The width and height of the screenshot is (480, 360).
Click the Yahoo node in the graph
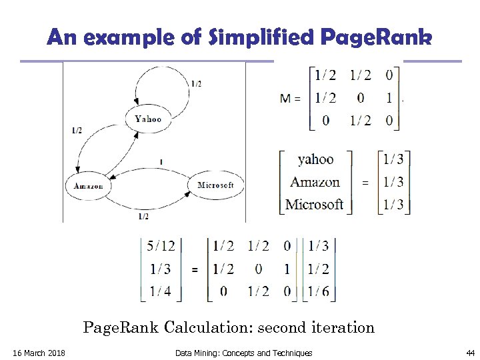[147, 119]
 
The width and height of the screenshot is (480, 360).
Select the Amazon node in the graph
[88, 185]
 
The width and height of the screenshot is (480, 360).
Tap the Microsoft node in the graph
[215, 185]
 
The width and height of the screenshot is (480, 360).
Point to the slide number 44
[471, 353]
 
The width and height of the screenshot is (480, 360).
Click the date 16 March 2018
[39, 353]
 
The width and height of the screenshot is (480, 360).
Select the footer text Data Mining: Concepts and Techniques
[243, 353]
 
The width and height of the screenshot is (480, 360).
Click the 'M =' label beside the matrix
[290, 99]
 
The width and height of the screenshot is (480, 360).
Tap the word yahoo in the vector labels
[315, 159]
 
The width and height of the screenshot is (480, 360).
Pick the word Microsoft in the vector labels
[314, 203]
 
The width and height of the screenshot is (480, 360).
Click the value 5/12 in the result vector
[161, 246]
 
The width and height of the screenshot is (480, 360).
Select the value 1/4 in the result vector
[161, 291]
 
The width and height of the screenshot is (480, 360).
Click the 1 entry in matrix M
[388, 99]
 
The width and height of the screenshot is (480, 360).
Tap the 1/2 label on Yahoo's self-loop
[197, 84]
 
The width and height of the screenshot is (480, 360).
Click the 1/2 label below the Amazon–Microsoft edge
[143, 216]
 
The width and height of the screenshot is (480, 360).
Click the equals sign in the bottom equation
[195, 269]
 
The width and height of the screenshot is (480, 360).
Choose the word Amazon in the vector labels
[315, 181]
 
